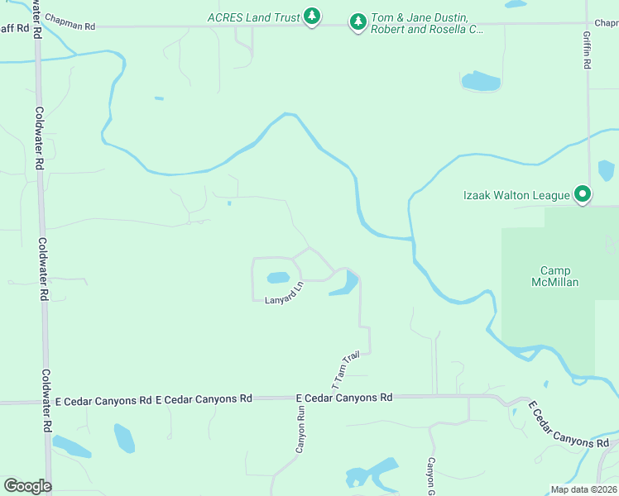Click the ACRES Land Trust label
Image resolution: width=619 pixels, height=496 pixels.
(254, 17)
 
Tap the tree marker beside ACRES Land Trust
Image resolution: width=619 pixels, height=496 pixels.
(311, 17)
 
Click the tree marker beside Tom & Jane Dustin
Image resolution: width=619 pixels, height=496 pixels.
(357, 21)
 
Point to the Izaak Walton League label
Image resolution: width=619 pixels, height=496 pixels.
(516, 195)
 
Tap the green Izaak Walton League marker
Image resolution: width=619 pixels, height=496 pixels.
(583, 195)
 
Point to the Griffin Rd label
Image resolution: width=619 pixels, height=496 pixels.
(587, 50)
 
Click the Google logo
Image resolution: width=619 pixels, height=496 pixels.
(27, 486)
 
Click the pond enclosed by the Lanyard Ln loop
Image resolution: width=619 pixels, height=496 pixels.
(278, 278)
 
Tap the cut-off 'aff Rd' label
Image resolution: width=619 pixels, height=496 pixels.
(13, 28)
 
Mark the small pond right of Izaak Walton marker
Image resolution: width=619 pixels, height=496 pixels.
(606, 170)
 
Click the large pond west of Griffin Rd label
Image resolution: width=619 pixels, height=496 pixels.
(481, 81)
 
